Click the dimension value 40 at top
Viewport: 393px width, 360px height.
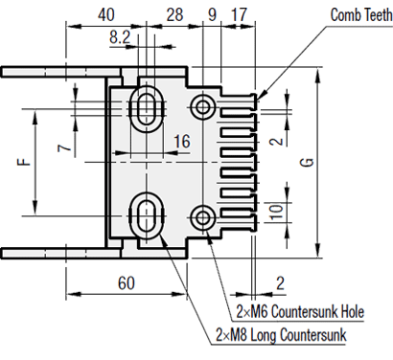click(105, 14)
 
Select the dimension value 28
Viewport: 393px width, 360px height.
click(174, 14)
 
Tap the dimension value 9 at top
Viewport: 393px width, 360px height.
click(212, 14)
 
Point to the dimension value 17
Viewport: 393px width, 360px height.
click(239, 14)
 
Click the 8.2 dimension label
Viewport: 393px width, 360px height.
click(120, 37)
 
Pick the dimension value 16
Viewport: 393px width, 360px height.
click(182, 141)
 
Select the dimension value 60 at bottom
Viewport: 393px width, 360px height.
click(127, 282)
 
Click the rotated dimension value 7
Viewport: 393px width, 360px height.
click(64, 148)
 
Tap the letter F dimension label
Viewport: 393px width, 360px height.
click(24, 162)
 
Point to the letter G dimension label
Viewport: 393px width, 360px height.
click(307, 163)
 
